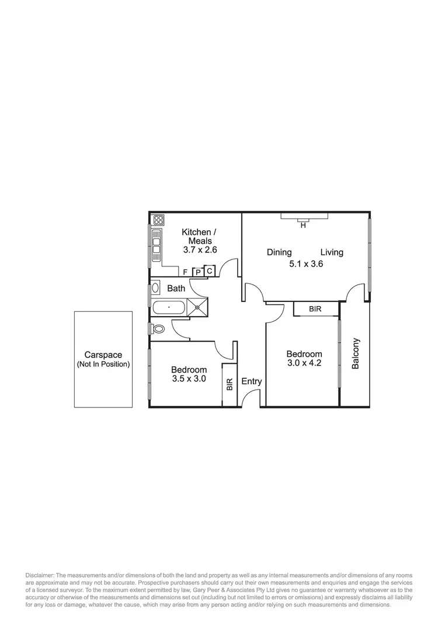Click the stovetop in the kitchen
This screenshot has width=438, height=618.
158,220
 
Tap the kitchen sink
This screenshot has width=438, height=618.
157,245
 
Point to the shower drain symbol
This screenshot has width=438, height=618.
197,306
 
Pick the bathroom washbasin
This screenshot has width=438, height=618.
155,287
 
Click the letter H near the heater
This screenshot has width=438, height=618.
303,225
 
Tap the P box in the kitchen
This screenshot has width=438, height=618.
198,272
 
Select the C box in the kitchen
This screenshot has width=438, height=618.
210,271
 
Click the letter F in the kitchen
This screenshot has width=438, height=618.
185,272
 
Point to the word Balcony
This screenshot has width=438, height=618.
355,353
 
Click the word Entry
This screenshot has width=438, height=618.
252,382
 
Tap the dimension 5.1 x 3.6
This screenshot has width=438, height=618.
307,264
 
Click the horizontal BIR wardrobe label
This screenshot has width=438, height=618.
315,309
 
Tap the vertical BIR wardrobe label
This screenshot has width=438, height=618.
230,384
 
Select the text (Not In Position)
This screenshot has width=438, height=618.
103,364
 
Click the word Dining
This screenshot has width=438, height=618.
279,252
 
